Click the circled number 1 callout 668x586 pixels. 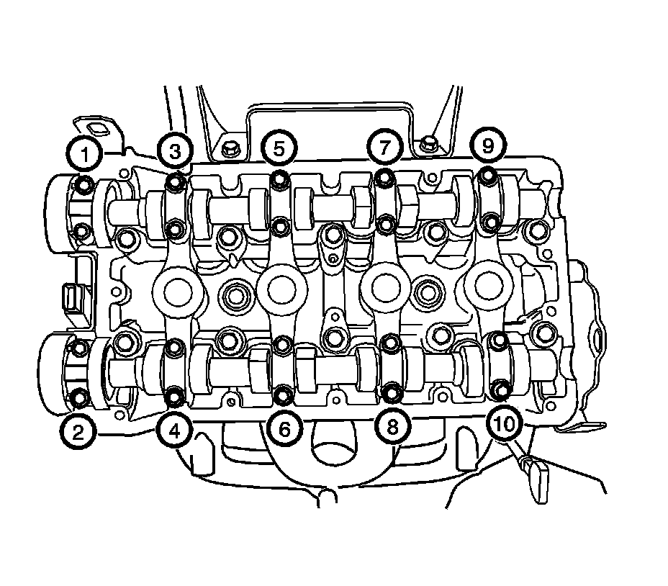pos(85,154)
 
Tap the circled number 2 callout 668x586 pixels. pos(78,432)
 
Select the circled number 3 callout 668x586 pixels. pos(175,150)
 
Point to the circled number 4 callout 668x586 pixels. pos(174,431)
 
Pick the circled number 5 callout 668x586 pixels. pos(279,148)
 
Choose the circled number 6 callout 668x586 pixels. pos(284,429)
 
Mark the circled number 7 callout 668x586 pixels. pos(384,147)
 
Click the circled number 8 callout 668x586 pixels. pos(393,426)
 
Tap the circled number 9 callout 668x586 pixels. pos(488,145)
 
